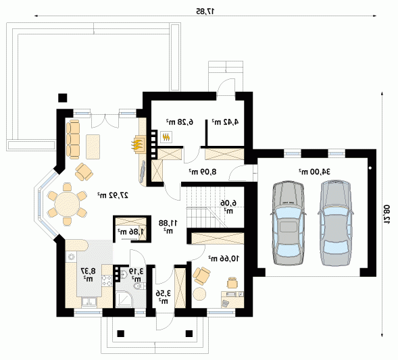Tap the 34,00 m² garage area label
click(x=314, y=172)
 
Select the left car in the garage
click(x=288, y=224)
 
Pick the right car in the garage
click(x=336, y=224)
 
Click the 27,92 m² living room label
click(x=113, y=195)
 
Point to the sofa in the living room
click(x=73, y=139)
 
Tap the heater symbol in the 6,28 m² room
click(x=166, y=137)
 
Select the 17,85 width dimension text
click(x=205, y=11)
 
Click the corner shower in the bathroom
click(x=124, y=299)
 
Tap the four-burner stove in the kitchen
click(x=107, y=280)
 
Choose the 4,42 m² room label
click(x=225, y=122)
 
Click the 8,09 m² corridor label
click(x=202, y=172)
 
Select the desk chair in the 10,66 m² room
click(x=232, y=283)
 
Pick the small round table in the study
click(x=199, y=294)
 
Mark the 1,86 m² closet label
click(x=130, y=231)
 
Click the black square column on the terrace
click(x=62, y=98)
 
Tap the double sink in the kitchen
click(x=89, y=302)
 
